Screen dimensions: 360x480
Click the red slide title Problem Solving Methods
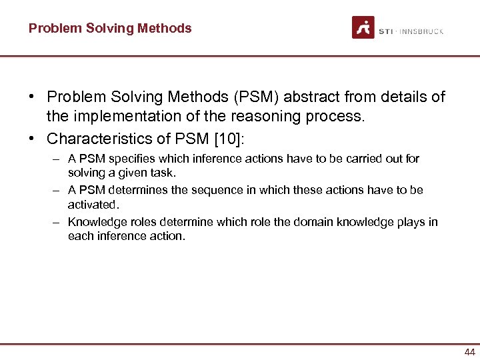point(110,28)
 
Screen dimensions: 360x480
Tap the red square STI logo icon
point(363,27)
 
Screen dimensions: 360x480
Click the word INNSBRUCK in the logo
point(421,31)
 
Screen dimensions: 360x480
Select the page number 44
point(469,352)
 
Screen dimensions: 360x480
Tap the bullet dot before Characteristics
point(32,139)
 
